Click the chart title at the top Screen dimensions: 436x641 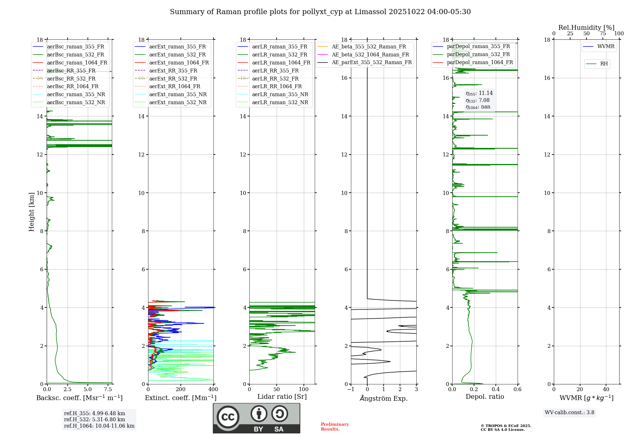[320, 12]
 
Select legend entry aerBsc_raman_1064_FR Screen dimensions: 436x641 [77, 63]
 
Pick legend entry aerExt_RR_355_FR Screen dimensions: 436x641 [173, 71]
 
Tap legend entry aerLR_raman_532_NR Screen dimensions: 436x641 [280, 102]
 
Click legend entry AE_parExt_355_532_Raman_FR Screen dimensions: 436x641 [371, 62]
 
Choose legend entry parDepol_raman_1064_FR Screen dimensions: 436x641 [480, 62]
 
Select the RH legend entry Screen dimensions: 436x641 [604, 64]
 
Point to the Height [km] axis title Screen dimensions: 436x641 [31, 212]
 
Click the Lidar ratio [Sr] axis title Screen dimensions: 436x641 [282, 397]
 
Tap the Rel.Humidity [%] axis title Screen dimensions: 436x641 [586, 28]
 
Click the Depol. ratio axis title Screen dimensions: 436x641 [485, 397]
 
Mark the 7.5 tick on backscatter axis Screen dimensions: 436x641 [108, 390]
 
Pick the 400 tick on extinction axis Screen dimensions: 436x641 [213, 390]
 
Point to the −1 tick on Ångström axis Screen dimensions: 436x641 [351, 390]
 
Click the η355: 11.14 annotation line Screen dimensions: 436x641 [479, 93]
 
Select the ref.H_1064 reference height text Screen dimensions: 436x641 [99, 426]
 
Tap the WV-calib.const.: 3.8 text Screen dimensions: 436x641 [570, 413]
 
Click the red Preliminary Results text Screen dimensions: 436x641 [335, 427]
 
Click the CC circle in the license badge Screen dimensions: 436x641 [228, 417]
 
